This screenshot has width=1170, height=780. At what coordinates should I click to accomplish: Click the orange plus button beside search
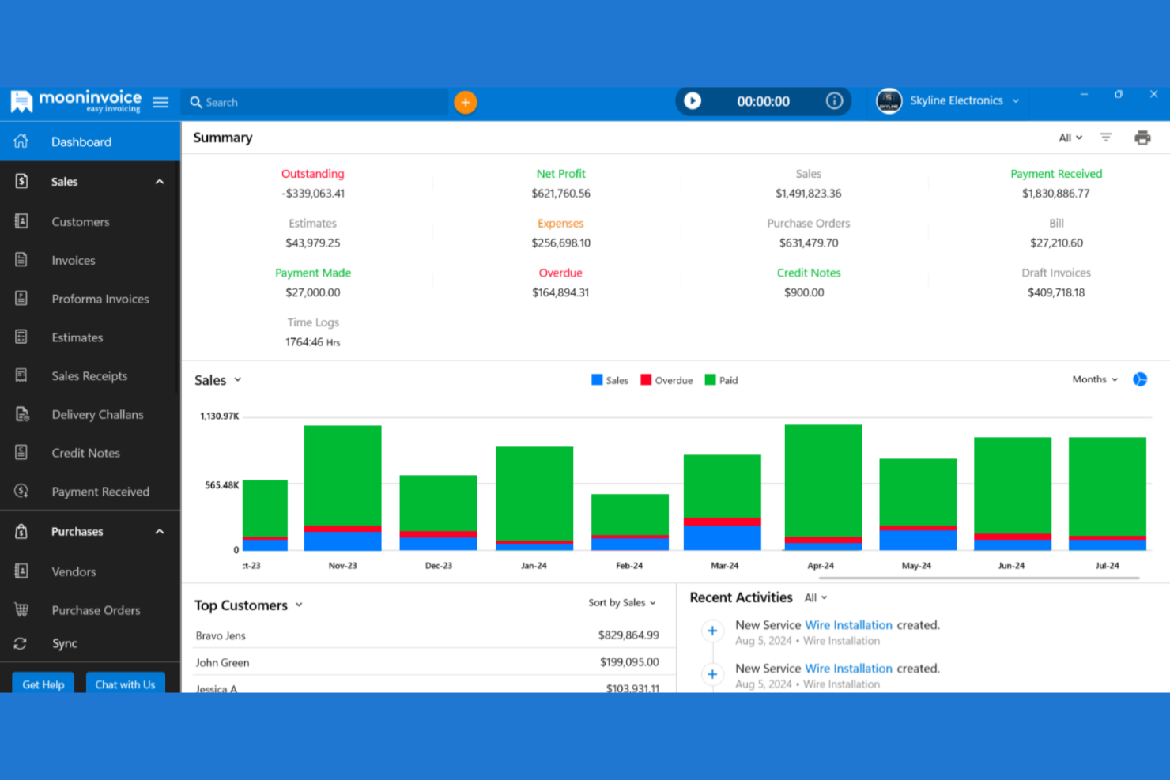(x=465, y=102)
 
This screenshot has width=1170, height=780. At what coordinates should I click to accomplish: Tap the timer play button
(x=693, y=101)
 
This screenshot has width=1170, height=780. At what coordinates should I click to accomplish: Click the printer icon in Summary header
(x=1142, y=138)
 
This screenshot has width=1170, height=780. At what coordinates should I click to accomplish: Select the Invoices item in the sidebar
(x=73, y=260)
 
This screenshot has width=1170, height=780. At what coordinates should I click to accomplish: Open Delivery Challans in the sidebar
(x=97, y=414)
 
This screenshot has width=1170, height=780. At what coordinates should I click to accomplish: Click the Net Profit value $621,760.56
(x=560, y=194)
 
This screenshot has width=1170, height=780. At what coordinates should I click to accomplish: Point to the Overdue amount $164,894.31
(x=560, y=292)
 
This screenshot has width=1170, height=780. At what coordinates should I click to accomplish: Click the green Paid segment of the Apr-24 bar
(x=823, y=480)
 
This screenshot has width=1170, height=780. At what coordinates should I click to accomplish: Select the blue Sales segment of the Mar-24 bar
(x=722, y=537)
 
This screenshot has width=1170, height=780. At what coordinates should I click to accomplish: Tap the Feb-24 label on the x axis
(x=629, y=566)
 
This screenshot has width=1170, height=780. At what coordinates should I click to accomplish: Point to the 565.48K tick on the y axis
(x=221, y=485)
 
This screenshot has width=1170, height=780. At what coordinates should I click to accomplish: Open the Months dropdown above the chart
(x=1095, y=379)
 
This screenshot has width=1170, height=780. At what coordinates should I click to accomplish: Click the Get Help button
(x=43, y=684)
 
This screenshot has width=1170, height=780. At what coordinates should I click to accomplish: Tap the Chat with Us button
(x=125, y=684)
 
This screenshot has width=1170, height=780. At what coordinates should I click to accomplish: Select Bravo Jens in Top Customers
(x=221, y=635)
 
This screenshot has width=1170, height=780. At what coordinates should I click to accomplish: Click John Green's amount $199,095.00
(x=628, y=662)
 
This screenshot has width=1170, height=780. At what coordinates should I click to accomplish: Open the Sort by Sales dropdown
(x=622, y=602)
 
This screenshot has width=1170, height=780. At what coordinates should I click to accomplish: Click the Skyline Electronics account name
(x=956, y=100)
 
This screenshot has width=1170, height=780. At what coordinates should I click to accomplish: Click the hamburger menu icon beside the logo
(x=160, y=102)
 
